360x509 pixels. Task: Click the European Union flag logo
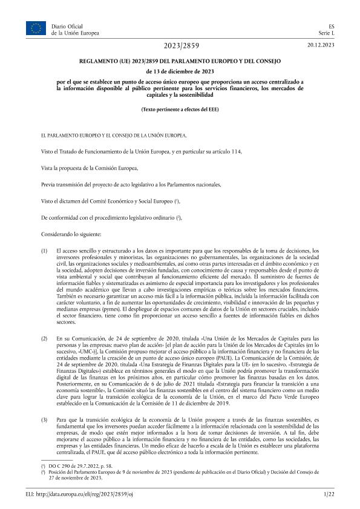pyautogui.click(x=35, y=28)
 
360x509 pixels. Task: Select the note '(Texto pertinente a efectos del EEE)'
pyautogui.click(x=180, y=109)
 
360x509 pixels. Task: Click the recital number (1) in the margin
pyautogui.click(x=44, y=250)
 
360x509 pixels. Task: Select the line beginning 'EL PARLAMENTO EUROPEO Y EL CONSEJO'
pyautogui.click(x=114, y=135)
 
